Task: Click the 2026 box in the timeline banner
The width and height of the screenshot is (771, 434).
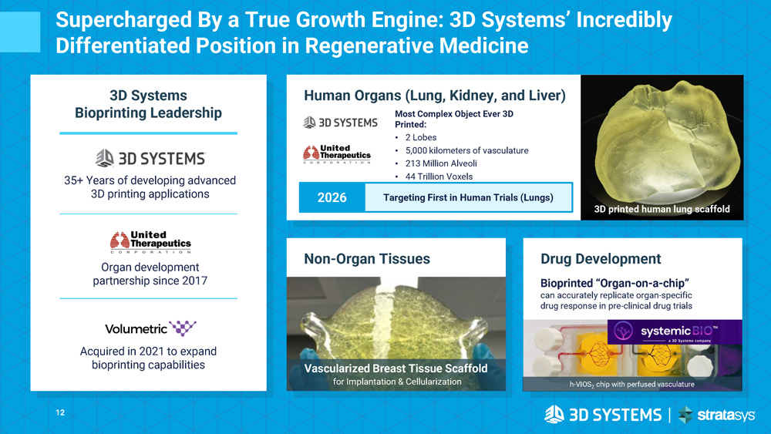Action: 332,197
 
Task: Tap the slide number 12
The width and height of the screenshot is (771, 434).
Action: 60,413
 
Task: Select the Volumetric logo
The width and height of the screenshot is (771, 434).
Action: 150,328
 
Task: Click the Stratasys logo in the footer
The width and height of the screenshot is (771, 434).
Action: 716,415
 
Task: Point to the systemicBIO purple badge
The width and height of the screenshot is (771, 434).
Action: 675,332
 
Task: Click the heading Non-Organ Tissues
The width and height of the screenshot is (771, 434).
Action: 367,259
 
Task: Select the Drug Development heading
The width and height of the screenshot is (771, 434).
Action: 601,259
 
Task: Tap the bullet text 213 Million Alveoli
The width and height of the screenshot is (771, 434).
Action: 441,163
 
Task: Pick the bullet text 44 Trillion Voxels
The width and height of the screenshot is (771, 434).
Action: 439,177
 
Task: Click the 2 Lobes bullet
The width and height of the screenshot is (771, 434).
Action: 421,138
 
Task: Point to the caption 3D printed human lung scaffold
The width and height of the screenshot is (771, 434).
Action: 662,209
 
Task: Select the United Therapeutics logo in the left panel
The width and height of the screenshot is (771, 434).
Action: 150,242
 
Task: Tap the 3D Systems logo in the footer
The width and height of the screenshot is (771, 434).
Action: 603,415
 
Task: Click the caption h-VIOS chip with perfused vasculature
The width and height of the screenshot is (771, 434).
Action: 632,385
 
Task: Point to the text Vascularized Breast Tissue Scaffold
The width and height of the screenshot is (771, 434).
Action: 396,368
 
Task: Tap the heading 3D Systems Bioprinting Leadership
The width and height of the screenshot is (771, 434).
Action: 149,104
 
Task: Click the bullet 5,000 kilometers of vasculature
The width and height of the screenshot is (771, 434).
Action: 466,150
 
